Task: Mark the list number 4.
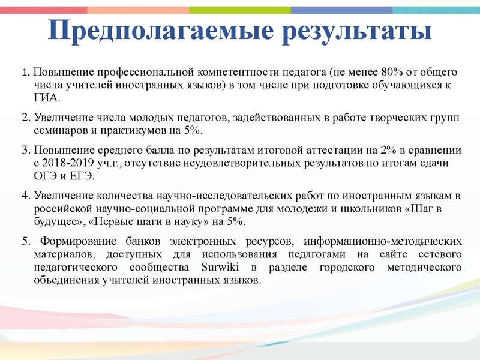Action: (25, 196)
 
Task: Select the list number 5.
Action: (25, 242)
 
